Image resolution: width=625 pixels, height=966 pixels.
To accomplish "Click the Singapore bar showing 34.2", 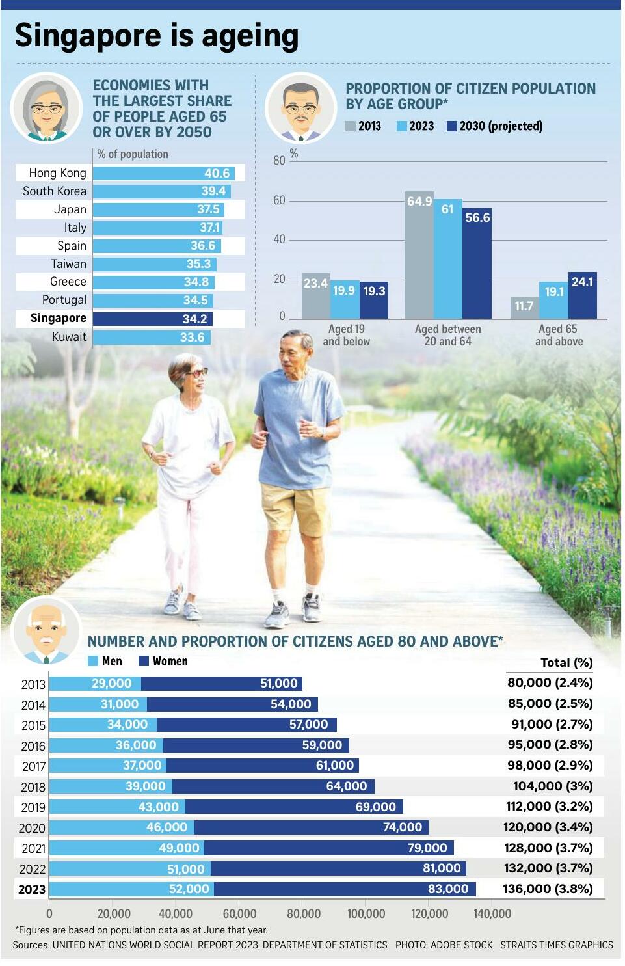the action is point(153,319).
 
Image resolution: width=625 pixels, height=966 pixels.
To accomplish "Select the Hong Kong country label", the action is point(58,173).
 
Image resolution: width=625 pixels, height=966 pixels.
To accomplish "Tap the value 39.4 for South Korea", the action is point(213,191).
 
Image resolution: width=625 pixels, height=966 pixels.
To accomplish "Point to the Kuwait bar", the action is point(152,337).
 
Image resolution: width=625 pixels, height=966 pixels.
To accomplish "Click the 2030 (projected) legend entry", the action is point(495,126).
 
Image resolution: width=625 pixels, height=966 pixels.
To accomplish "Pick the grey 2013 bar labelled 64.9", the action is point(419,255).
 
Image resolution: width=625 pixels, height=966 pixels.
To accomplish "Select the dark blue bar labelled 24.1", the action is point(582,295).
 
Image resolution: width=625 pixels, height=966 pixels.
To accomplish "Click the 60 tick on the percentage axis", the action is point(279,200).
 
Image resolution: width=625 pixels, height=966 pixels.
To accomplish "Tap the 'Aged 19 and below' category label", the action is point(347,335).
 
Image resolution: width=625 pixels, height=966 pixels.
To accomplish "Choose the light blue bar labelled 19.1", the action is point(553,300).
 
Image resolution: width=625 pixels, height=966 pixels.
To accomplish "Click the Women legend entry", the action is point(163,661).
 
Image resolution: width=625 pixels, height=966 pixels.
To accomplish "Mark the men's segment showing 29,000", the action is point(95,684).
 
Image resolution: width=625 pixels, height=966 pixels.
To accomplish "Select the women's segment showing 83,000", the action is point(345,889).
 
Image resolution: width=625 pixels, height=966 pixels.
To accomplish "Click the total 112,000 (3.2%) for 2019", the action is point(549,806).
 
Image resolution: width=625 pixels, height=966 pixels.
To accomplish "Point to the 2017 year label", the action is point(34,766).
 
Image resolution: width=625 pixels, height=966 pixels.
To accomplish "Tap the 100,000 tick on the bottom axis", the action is point(366,913).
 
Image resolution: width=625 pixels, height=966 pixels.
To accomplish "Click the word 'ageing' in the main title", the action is point(250,36).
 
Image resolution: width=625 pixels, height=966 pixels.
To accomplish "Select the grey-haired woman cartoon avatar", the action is point(47,108).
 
